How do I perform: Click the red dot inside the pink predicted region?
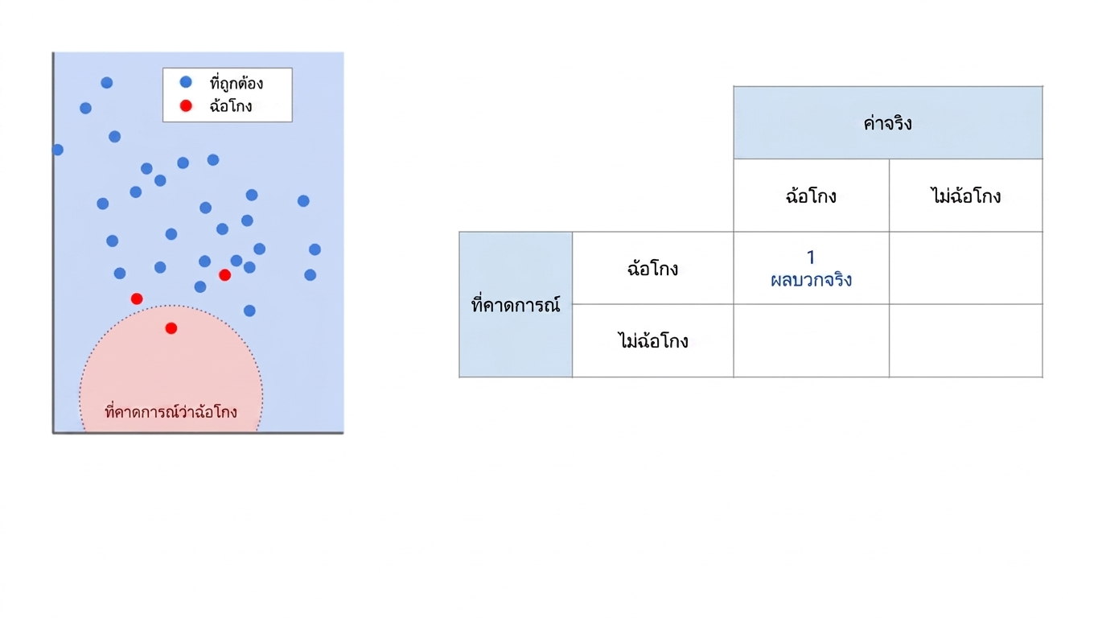171,328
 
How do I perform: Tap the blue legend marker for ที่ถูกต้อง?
186,82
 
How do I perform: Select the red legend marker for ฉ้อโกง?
186,105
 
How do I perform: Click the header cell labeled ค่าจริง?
888,122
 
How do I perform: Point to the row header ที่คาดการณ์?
516,305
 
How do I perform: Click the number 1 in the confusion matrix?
811,257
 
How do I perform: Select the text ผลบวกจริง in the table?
812,280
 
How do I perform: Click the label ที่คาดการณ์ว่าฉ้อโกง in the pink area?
171,411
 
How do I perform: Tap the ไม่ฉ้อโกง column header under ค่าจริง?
965,196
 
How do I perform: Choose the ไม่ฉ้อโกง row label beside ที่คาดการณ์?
653,341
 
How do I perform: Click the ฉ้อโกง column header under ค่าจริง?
812,196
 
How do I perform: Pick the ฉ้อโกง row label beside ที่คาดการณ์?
653,268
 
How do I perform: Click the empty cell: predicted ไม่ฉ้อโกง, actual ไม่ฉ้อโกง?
965,341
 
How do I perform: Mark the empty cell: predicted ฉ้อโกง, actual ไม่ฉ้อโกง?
965,268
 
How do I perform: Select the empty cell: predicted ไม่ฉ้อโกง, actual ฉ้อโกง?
812,341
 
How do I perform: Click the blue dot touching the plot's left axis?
58,150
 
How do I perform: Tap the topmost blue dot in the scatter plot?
107,82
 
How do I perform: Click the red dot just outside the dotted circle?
137,299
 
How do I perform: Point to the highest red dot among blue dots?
225,275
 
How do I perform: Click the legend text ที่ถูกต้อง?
236,84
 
